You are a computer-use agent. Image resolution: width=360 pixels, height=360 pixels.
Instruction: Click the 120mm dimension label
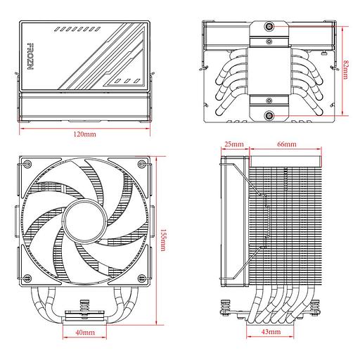pyautogui.click(x=85, y=134)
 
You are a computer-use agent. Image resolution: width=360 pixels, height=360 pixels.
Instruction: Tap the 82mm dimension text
pyautogui.click(x=347, y=70)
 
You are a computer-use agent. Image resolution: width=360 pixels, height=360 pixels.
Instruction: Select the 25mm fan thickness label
pyautogui.click(x=234, y=143)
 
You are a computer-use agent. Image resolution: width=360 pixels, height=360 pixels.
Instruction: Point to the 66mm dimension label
pyautogui.click(x=287, y=143)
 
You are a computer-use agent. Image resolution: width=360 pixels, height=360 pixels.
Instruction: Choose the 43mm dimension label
pyautogui.click(x=270, y=330)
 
